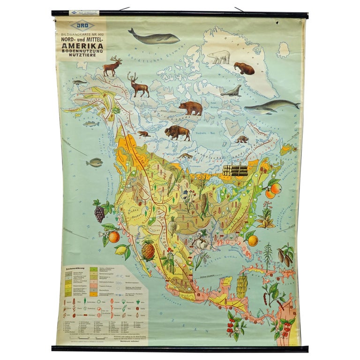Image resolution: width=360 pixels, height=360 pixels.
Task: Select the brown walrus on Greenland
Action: (244, 68)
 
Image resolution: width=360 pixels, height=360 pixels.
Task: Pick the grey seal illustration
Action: (231, 91)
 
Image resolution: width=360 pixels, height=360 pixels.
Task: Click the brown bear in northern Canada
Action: (191, 108)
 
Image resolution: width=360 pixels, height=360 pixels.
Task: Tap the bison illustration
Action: (178, 133)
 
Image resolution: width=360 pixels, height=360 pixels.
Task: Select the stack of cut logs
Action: (235, 170)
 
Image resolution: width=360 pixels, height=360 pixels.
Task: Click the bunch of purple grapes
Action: (99, 213)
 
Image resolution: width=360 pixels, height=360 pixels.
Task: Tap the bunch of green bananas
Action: (241, 285)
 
